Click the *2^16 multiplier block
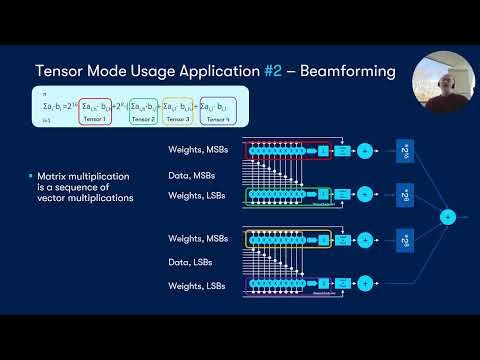coord(404,149)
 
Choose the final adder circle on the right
coord(448,215)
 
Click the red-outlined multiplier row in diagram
coord(291,150)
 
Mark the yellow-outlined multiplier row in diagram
coord(291,240)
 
